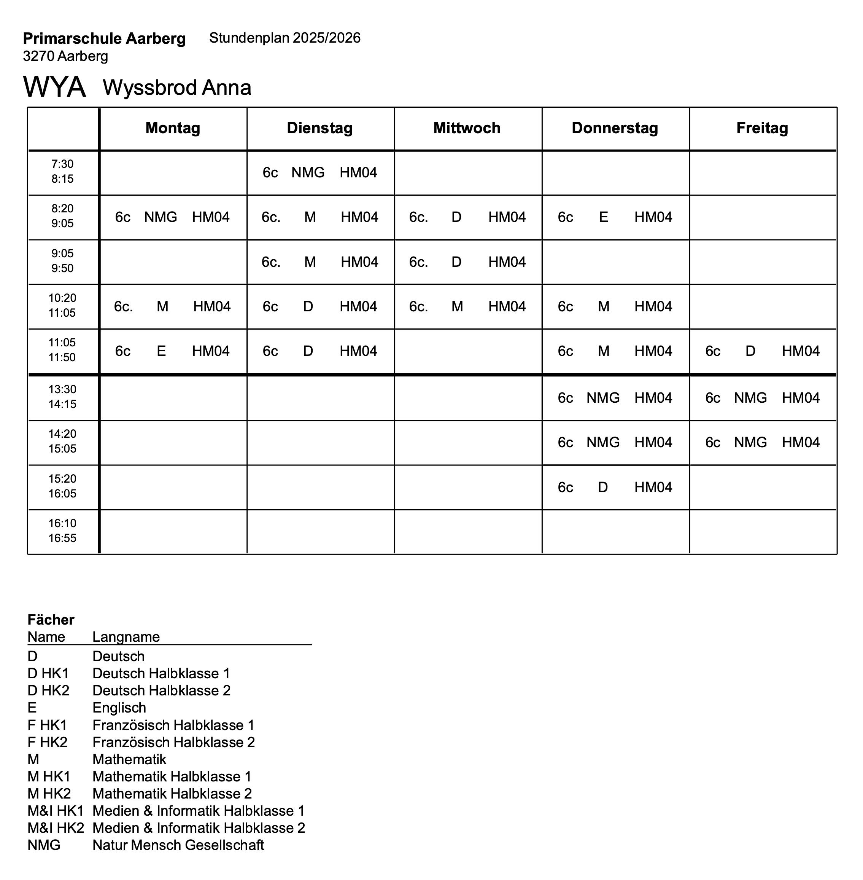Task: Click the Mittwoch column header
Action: tap(467, 128)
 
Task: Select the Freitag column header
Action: tap(762, 128)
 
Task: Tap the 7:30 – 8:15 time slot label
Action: tap(62, 171)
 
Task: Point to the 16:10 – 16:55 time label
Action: tap(62, 531)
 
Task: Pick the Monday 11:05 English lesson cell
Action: tap(172, 351)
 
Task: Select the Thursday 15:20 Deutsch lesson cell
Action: tap(615, 487)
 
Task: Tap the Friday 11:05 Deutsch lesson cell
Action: tap(762, 351)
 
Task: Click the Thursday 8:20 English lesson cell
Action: tap(615, 217)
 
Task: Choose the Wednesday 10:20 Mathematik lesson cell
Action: tap(467, 307)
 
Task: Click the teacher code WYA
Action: tap(54, 87)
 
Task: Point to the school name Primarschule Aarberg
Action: tap(104, 38)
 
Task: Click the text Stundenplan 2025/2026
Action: tap(284, 38)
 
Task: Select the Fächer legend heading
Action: tap(51, 620)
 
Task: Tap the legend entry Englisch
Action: tap(119, 708)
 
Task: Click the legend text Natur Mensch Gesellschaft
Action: tap(178, 845)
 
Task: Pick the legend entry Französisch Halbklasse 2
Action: tap(173, 742)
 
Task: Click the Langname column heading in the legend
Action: tap(126, 637)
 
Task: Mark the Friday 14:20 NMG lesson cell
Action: tap(762, 442)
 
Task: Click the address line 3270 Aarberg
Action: tap(66, 56)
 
